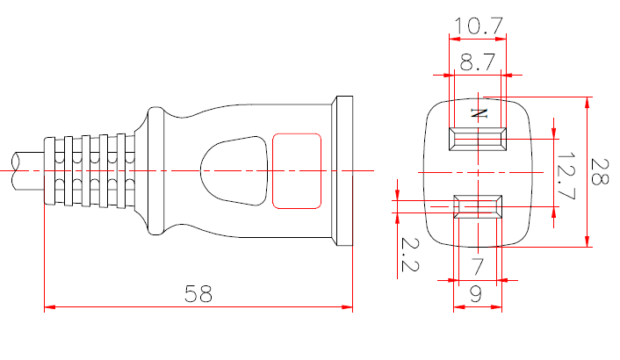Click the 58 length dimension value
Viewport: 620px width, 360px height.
pos(198,293)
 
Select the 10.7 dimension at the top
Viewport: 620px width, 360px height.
pos(479,26)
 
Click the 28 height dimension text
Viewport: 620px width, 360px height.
pos(602,172)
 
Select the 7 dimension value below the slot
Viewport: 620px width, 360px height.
pos(477,266)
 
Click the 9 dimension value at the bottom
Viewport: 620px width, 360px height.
pos(477,295)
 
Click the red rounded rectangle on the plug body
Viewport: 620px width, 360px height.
pos(296,169)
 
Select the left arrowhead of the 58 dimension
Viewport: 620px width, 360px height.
pos(49,307)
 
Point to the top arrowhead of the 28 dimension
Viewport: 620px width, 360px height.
pos(588,102)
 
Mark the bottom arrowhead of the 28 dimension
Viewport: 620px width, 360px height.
pos(588,241)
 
